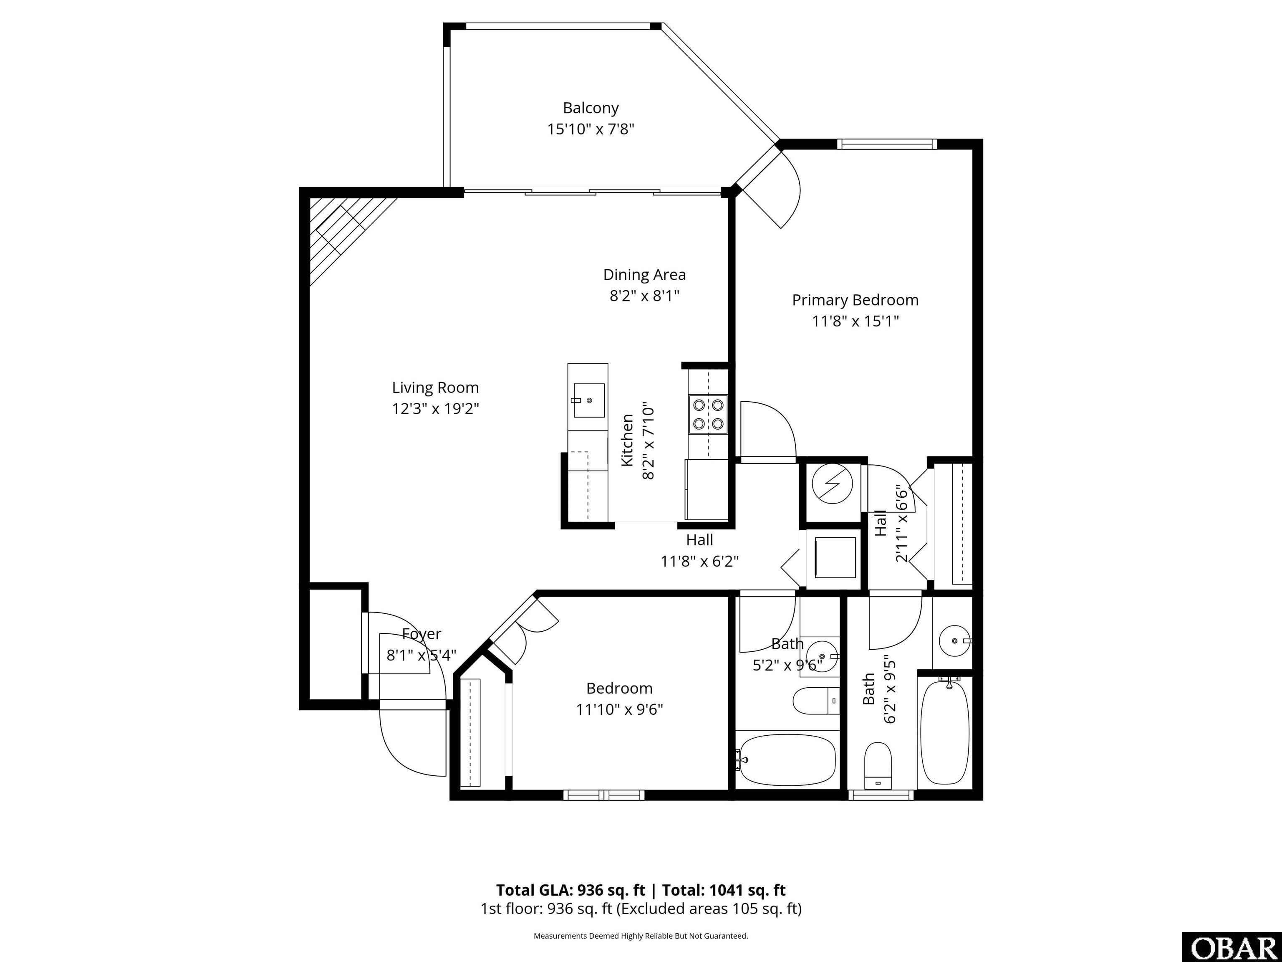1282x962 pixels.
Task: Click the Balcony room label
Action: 591,108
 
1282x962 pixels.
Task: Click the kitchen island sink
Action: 589,400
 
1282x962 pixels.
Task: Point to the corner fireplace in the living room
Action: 342,232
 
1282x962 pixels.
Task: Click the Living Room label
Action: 435,387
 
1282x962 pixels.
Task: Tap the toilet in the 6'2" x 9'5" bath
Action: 878,765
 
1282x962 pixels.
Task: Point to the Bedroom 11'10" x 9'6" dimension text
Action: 619,709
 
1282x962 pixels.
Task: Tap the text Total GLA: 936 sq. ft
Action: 570,890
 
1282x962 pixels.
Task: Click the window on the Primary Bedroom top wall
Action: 887,144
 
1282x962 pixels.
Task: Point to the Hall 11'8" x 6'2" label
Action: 699,550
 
